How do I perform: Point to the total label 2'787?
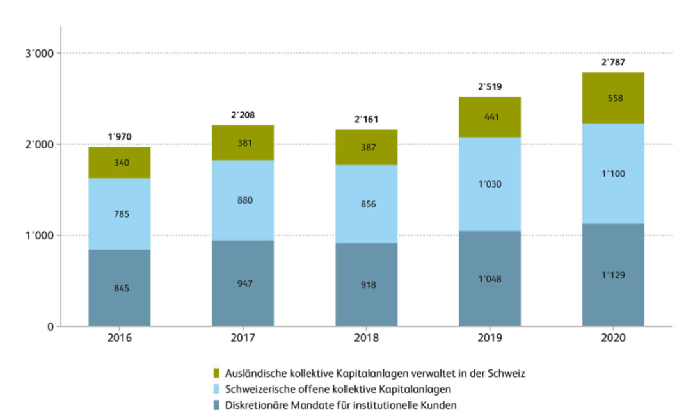point(613,63)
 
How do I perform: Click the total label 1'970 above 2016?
point(120,137)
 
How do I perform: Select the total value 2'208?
point(243,115)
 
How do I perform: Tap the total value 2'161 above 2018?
point(367,120)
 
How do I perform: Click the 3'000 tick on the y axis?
point(40,53)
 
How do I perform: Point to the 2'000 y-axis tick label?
point(40,145)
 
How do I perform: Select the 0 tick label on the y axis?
point(50,327)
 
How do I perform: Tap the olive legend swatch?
point(218,373)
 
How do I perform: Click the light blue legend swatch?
point(218,389)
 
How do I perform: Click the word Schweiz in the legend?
point(508,373)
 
